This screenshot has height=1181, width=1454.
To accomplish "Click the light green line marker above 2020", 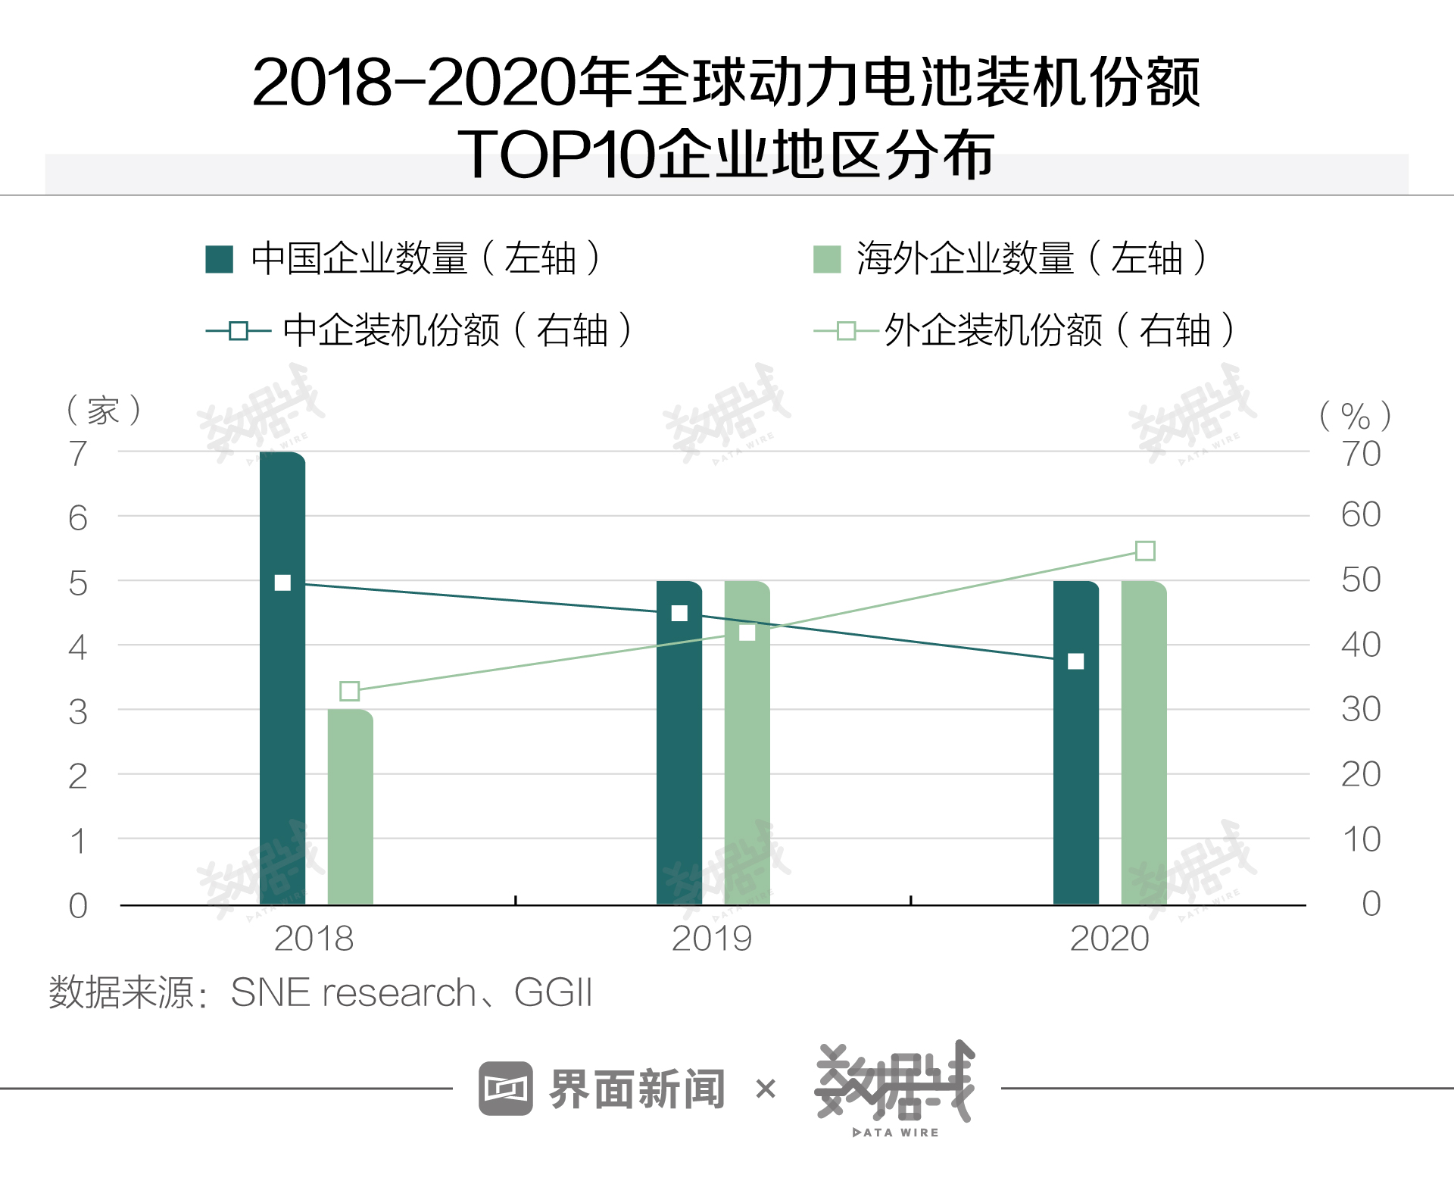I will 1145,551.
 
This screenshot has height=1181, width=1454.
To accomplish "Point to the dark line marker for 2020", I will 1075,661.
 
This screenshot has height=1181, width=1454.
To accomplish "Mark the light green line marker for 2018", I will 349,691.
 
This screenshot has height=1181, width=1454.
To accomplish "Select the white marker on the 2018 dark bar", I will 282,583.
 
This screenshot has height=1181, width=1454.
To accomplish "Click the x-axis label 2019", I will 711,939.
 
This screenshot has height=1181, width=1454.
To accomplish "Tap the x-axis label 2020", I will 1109,939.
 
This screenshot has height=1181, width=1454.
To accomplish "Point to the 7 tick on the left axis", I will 78,454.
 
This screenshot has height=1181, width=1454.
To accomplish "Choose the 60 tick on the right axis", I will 1361,515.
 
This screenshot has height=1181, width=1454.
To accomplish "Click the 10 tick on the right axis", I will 1361,839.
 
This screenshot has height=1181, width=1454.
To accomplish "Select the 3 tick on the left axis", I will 78,712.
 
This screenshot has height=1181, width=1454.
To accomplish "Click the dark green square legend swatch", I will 220,259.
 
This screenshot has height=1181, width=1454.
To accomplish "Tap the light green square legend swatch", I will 826,259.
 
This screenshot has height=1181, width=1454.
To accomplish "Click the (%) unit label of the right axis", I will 1355,415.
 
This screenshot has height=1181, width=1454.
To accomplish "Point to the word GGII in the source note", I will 553,992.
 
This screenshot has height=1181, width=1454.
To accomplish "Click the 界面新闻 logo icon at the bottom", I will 505,1089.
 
